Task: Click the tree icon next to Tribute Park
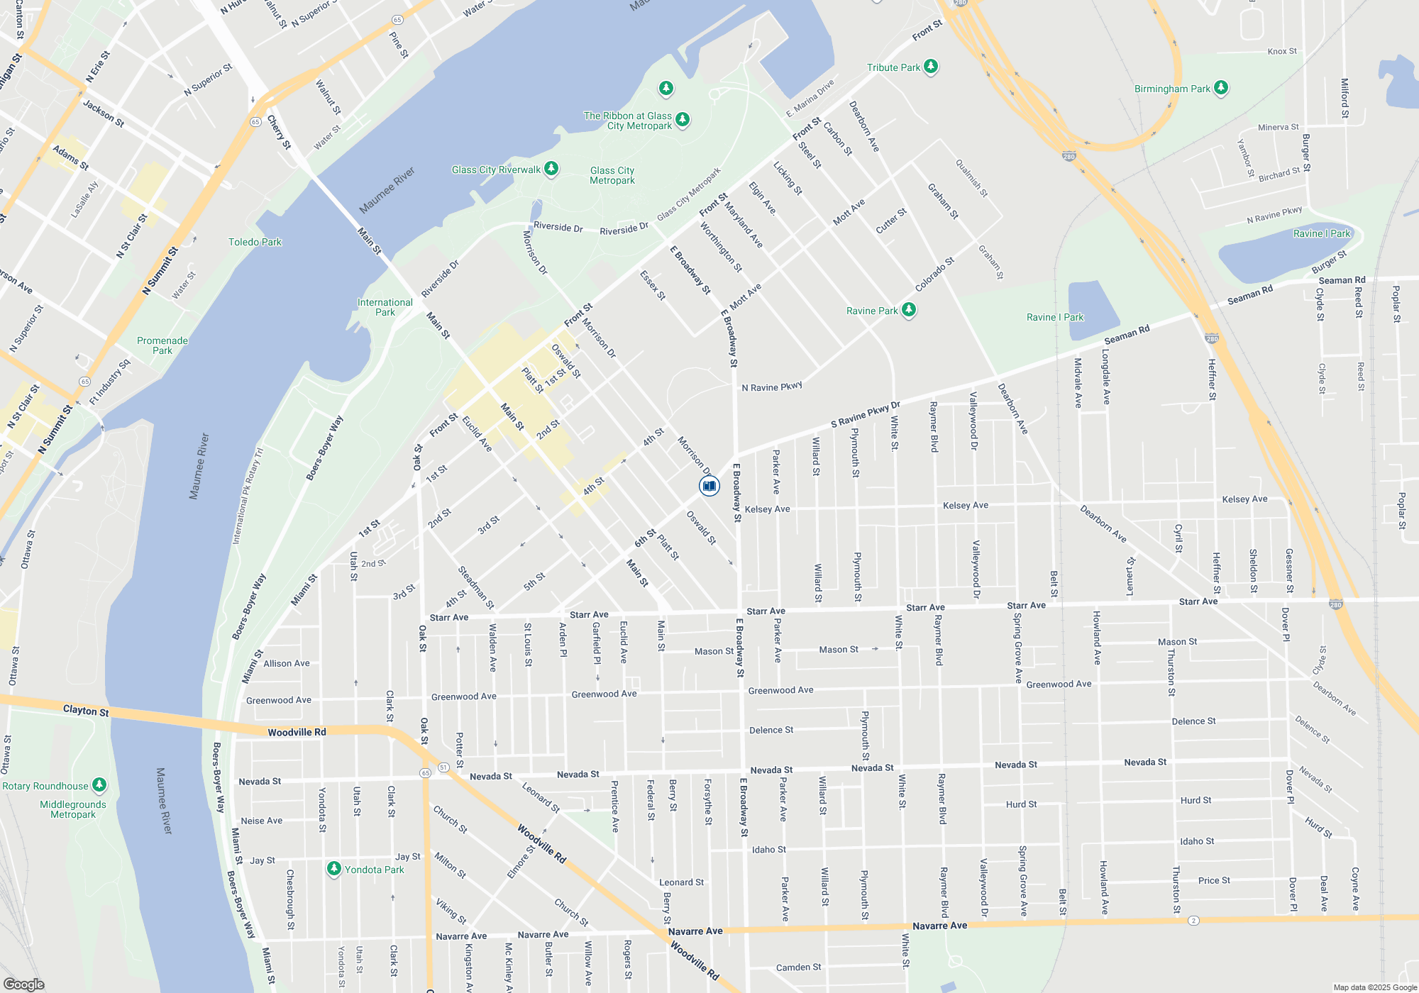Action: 931,67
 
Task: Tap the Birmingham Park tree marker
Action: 1221,88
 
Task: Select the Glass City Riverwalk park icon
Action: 551,169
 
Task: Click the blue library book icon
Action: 709,486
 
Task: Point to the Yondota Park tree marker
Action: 334,869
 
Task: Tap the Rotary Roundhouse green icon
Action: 100,785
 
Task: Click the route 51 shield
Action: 443,767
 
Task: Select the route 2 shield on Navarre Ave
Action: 1194,921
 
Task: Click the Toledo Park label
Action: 255,242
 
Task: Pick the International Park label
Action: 385,307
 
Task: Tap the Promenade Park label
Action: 162,345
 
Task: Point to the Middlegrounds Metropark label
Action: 73,809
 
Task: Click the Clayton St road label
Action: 86,710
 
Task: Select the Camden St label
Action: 799,967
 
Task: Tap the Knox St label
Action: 1282,51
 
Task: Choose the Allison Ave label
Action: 287,663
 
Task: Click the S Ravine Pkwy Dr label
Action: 865,415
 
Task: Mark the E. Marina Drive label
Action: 810,99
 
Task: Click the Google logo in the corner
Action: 23,984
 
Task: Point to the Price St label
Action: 1214,880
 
